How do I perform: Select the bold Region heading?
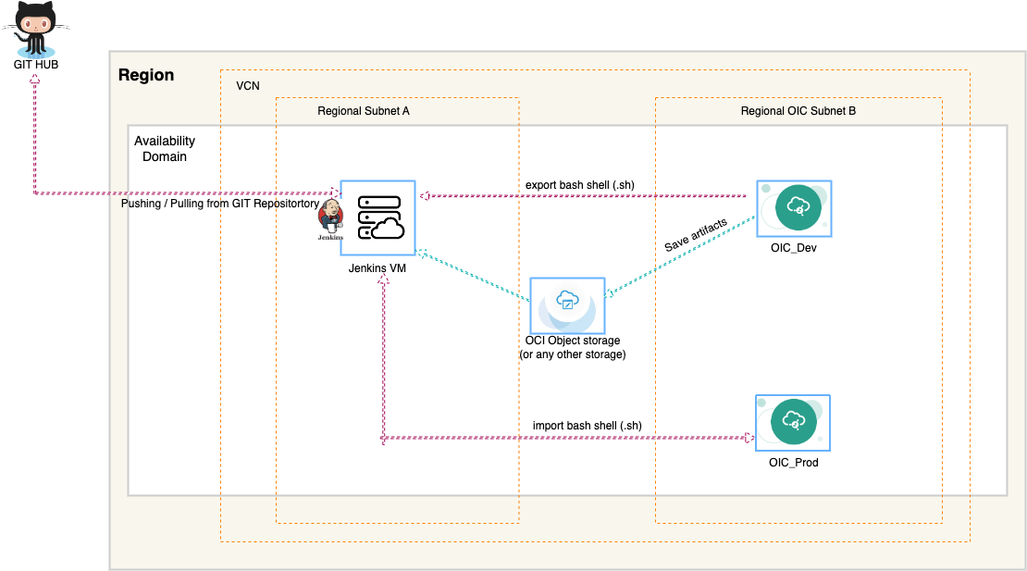146,76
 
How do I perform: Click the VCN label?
248,85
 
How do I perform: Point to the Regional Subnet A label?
363,111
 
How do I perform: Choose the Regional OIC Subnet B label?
798,111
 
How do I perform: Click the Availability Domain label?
165,149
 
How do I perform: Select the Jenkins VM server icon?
377,217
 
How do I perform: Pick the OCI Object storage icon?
566,304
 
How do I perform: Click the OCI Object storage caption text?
572,348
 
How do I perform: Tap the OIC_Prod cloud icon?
792,421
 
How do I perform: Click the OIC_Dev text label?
793,248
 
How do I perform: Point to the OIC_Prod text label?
792,462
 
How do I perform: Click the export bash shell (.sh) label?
579,185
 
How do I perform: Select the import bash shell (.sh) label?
587,426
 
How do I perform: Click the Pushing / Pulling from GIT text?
220,203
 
